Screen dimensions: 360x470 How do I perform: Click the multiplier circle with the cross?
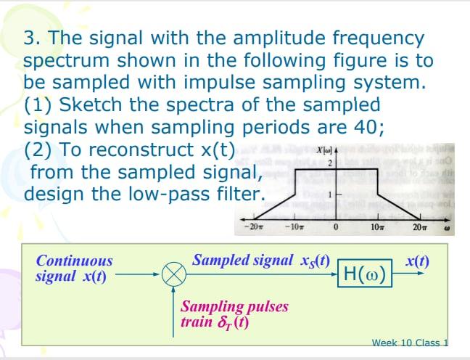pos(173,276)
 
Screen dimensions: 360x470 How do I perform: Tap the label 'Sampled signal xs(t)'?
pos(261,260)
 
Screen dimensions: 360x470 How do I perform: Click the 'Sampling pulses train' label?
pos(234,313)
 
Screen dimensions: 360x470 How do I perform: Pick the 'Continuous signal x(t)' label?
pos(74,268)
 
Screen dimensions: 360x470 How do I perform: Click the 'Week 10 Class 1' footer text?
pos(409,343)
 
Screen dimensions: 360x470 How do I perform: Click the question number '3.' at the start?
pos(31,37)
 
